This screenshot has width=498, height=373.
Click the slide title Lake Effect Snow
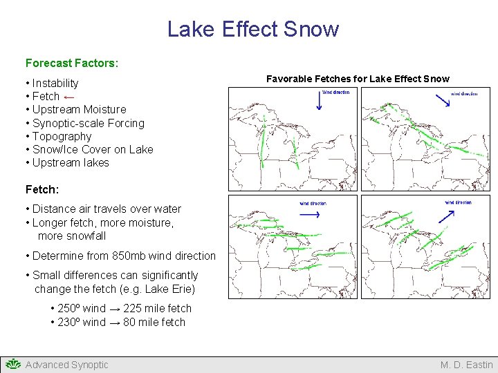coord(253,29)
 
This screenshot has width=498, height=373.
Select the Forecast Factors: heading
coord(72,63)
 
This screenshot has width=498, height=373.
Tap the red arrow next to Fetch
coord(69,97)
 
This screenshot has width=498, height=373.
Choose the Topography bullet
coord(62,136)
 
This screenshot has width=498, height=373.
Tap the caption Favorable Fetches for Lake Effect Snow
coord(358,79)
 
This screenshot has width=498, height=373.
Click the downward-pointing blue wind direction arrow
coord(320,102)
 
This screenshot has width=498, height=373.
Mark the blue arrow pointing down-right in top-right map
coord(443,100)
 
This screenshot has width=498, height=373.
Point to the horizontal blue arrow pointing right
coord(310,214)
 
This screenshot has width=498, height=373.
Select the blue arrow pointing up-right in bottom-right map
coord(445,215)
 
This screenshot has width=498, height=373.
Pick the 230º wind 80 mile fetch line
coord(118,322)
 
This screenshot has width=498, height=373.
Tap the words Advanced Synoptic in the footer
coord(66,365)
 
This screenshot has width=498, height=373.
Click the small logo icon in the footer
coord(12,364)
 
